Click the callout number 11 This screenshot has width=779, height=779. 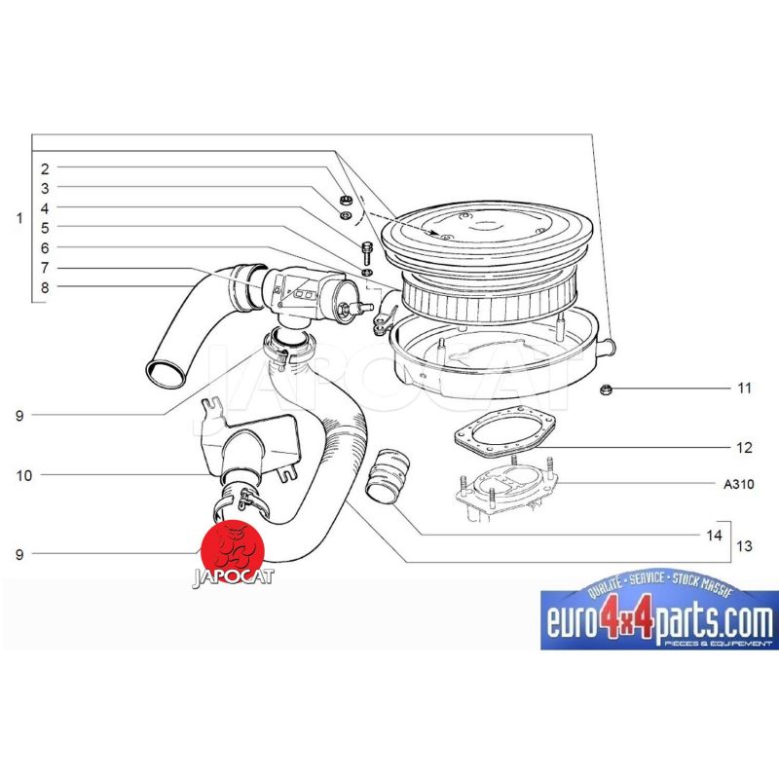744,388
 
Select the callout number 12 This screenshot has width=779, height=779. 744,448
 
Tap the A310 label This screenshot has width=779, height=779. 738,483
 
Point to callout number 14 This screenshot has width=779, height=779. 714,535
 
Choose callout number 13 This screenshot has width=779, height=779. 744,546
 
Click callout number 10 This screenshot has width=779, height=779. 23,475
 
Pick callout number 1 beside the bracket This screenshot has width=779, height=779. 19,218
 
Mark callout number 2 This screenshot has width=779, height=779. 45,168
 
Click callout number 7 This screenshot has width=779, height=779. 45,268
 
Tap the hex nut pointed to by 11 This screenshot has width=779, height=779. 606,390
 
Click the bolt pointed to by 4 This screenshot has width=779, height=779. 367,252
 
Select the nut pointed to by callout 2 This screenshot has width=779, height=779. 344,201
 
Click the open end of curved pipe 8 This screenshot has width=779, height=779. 166,376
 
